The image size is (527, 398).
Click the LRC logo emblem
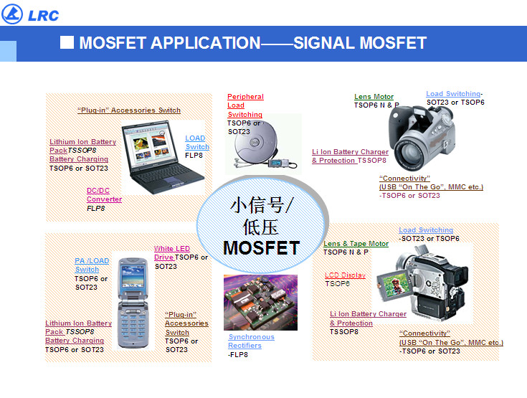12,14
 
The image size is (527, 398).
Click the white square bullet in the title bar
67,43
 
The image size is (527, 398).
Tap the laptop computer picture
163,157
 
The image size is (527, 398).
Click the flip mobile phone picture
133,303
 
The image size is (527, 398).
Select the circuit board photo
260,303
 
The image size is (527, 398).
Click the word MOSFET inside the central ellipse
262,248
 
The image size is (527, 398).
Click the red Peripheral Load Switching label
245,105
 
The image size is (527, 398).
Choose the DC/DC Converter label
104,195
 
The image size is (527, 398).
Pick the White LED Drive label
172,252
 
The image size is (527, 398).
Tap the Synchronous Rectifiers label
251,341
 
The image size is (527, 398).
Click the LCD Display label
345,275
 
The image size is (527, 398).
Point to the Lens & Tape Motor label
356,243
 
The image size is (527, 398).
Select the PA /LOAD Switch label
92,265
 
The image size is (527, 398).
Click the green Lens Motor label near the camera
374,97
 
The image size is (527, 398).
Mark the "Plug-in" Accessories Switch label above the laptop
129,110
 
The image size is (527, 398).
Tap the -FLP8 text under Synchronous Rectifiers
238,355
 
